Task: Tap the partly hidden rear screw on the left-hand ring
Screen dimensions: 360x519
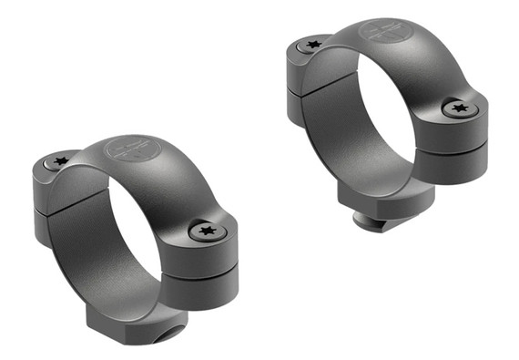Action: tap(59, 162)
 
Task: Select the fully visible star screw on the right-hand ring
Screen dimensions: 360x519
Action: tap(459, 108)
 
